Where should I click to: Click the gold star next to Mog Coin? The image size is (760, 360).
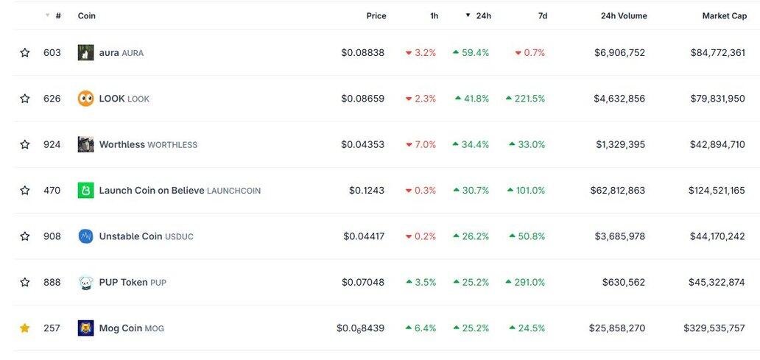pos(25,328)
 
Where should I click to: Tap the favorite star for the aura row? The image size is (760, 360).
pos(25,53)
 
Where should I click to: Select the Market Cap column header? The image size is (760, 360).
pos(724,15)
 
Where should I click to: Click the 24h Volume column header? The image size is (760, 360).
pos(624,15)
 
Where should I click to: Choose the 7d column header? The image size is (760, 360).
pos(542,15)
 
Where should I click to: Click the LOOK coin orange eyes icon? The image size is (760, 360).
pos(85,99)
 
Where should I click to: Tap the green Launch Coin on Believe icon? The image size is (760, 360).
pos(85,191)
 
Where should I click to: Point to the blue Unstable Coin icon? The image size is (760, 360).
pos(85,236)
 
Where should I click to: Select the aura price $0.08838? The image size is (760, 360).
pos(362,53)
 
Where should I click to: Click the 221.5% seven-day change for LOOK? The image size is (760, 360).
pos(525,99)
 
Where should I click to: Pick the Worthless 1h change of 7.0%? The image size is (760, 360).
pos(421,144)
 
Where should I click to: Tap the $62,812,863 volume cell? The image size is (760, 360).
pos(617,191)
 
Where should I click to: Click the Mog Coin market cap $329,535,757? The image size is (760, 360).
pos(714,328)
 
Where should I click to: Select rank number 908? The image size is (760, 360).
pos(52,236)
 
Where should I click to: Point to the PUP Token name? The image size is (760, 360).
pos(123,283)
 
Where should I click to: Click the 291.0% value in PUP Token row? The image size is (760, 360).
pos(525,283)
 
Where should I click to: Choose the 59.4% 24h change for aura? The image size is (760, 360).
pos(471,53)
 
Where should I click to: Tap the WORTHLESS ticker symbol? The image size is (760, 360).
pos(172,145)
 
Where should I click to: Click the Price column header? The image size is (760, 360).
pos(376,15)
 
